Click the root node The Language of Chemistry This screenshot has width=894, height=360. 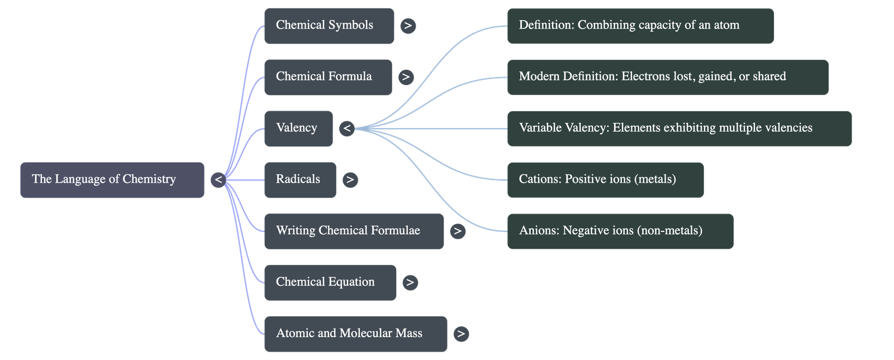click(x=112, y=180)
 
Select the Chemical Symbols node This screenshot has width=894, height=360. click(x=329, y=26)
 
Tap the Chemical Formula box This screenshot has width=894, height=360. click(x=328, y=77)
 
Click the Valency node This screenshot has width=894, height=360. click(x=298, y=129)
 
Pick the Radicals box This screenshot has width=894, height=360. click(x=300, y=180)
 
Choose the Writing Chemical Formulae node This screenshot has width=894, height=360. click(x=354, y=231)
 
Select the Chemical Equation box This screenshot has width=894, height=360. click(x=330, y=283)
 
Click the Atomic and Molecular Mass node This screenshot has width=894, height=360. click(x=355, y=334)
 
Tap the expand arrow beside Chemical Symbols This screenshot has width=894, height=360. click(x=408, y=26)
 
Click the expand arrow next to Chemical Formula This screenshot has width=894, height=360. click(x=406, y=77)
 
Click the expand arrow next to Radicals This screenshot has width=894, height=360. click(x=350, y=180)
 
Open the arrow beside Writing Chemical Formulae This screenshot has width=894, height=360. click(x=458, y=231)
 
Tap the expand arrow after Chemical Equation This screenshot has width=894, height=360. click(x=410, y=283)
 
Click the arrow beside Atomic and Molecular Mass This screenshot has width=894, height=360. click(x=461, y=334)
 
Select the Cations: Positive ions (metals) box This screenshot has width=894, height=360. click(x=605, y=180)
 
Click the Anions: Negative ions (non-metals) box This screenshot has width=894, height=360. click(x=620, y=231)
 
